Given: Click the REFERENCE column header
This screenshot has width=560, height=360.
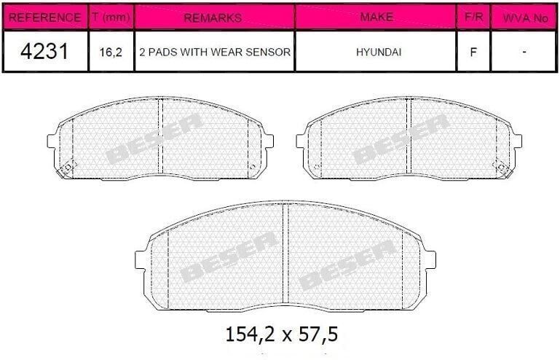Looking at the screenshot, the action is pyautogui.click(x=44, y=17).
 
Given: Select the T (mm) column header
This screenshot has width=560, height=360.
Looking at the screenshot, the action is pyautogui.click(x=111, y=17).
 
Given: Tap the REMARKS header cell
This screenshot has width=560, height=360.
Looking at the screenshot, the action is pyautogui.click(x=213, y=18).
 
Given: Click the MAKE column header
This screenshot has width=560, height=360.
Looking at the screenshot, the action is pyautogui.click(x=376, y=17).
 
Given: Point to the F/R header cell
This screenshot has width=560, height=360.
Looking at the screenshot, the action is pyautogui.click(x=473, y=17).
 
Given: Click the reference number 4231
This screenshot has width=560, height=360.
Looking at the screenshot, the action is pyautogui.click(x=44, y=52).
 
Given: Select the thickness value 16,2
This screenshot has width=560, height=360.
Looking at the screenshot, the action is pyautogui.click(x=111, y=52).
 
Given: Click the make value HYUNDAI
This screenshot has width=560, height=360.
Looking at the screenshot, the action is pyautogui.click(x=379, y=52).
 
